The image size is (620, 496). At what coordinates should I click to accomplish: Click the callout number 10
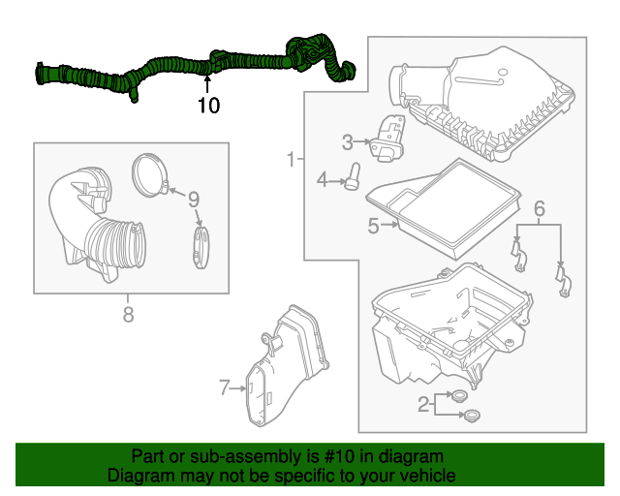(x=208, y=105)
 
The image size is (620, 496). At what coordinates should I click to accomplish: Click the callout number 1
(x=290, y=158)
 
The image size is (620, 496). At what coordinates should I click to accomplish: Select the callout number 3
(x=347, y=142)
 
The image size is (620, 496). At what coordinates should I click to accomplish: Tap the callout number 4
(x=322, y=179)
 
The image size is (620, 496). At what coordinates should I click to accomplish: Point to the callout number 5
(x=373, y=227)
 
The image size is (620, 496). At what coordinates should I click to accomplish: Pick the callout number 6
(x=540, y=207)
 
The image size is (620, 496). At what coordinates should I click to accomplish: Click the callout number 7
(x=224, y=387)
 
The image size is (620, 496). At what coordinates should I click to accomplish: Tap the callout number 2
(x=423, y=404)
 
